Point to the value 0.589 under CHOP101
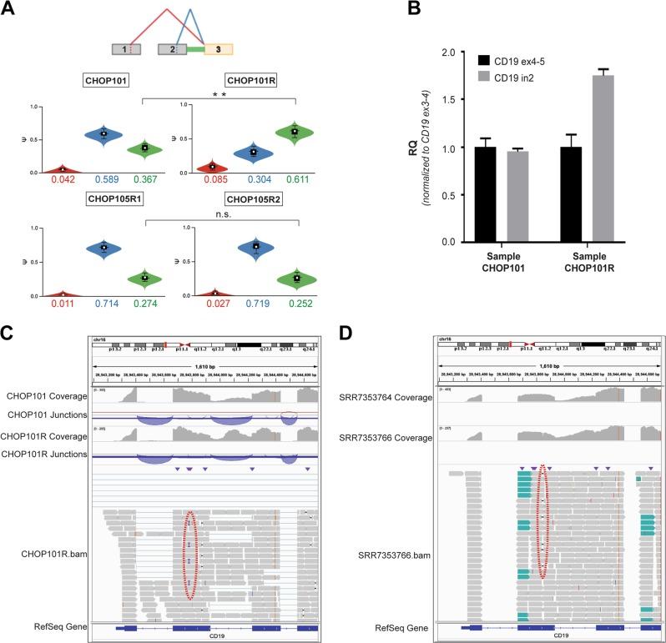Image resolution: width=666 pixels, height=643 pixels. coord(103,178)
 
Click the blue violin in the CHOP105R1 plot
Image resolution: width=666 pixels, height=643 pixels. coord(103,248)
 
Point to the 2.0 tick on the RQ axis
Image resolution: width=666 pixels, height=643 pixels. coord(434,53)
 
